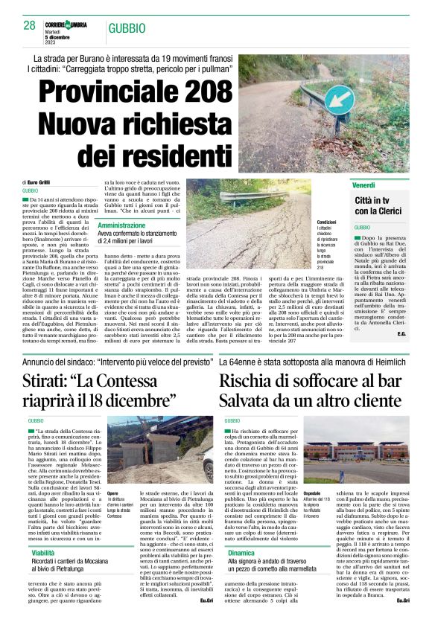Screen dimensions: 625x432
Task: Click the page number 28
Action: click(30, 25)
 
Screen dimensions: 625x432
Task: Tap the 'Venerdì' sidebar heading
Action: click(363, 185)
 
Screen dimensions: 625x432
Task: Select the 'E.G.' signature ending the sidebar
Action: click(401, 312)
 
